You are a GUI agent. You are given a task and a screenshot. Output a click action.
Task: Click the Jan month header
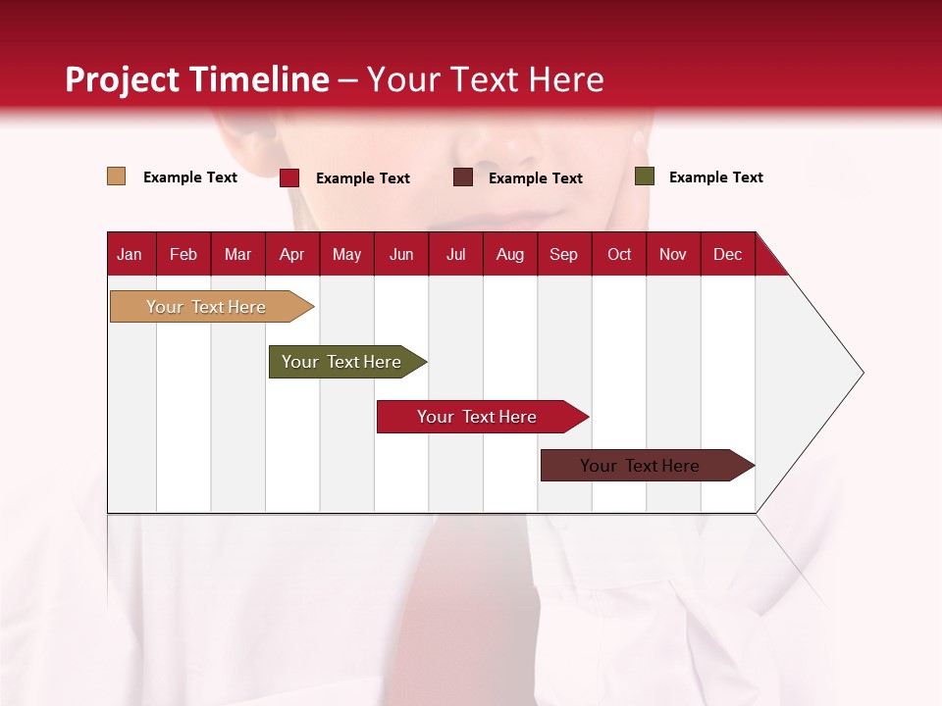[131, 254]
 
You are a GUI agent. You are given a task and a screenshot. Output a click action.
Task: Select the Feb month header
[183, 254]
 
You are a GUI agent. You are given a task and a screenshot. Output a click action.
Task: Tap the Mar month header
[237, 254]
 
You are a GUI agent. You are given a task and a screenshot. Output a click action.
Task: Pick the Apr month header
[291, 254]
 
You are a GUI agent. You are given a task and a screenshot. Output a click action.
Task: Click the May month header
[346, 254]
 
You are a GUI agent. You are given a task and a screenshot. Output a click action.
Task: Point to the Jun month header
[401, 254]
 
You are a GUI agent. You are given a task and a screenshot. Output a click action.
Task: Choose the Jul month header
[455, 254]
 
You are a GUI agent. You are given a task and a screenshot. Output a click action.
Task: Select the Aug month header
[510, 254]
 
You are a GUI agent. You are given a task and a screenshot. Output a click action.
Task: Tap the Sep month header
[564, 254]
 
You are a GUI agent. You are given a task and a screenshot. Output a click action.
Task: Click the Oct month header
[619, 254]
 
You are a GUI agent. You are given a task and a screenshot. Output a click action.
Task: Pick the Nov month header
[673, 254]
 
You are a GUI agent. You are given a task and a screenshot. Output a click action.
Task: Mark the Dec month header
[728, 254]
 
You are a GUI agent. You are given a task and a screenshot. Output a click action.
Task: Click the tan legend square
[116, 176]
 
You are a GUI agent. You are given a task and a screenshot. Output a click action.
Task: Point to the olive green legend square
[644, 176]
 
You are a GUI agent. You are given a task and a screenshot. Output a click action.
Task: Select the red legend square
[288, 177]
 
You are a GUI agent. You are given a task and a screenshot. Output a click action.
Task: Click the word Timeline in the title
[258, 79]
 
